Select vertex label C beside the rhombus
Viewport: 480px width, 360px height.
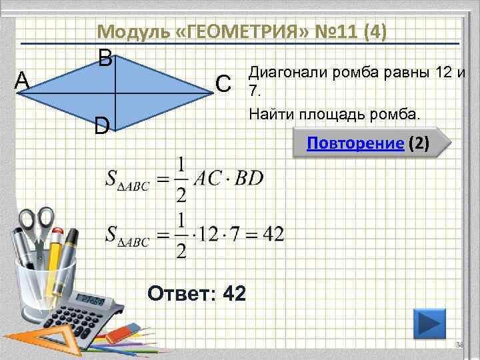point(224,83)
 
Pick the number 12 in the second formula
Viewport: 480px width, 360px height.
point(213,234)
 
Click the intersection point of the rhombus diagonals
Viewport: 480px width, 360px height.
point(117,93)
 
